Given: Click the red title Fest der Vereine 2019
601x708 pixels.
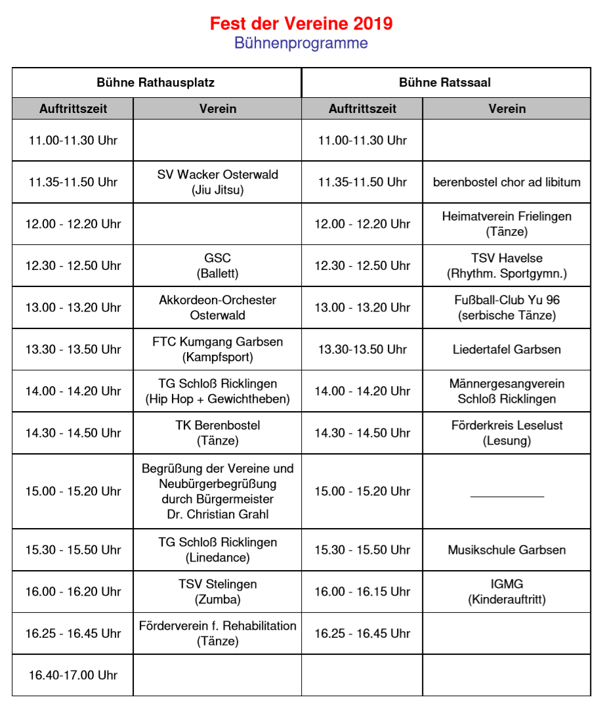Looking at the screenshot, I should (301, 24).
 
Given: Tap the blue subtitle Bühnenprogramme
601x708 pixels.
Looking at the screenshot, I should (301, 43).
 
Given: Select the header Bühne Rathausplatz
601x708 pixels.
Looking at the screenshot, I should (155, 83).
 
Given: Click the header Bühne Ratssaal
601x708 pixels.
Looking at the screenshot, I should (445, 83).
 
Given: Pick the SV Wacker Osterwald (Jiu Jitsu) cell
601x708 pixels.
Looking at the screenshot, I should (218, 182).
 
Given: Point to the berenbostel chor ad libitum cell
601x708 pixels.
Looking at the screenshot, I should (507, 182).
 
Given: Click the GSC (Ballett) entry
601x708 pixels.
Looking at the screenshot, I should (218, 265).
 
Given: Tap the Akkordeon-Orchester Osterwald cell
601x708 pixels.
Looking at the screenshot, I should (218, 307).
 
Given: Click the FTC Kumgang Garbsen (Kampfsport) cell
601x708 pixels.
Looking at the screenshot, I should (218, 349).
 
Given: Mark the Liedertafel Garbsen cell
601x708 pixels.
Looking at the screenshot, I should (507, 349).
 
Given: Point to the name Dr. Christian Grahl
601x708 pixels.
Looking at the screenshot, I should (218, 514).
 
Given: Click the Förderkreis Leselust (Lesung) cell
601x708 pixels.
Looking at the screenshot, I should (507, 433).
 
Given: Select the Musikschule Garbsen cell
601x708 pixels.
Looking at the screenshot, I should (507, 550).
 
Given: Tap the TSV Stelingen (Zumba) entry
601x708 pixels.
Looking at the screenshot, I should (218, 591).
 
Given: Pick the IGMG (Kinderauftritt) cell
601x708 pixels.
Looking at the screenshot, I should (507, 591).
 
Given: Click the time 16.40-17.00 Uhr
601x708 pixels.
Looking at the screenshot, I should (73, 675).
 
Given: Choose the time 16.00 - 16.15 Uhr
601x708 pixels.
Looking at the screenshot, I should (362, 592).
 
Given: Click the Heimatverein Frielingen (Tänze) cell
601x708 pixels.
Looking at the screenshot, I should (507, 223).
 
